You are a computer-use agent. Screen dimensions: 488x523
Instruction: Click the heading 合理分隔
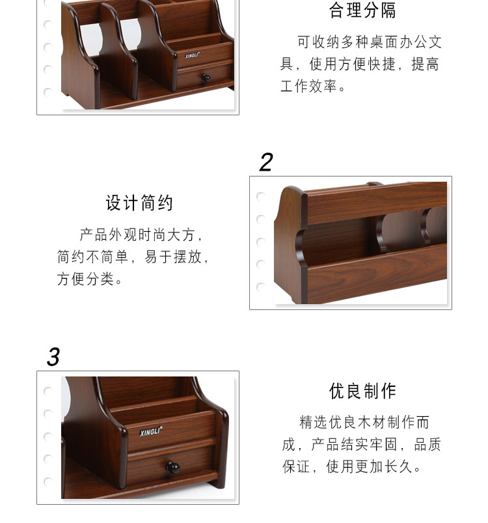pyautogui.click(x=362, y=10)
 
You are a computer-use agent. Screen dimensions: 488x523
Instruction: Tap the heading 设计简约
pyautogui.click(x=140, y=203)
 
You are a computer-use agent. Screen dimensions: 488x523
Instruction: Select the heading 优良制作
pyautogui.click(x=363, y=391)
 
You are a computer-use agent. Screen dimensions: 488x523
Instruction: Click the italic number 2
pyautogui.click(x=266, y=162)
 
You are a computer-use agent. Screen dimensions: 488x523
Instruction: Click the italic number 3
pyautogui.click(x=53, y=357)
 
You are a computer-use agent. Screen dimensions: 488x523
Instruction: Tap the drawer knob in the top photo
pyautogui.click(x=206, y=78)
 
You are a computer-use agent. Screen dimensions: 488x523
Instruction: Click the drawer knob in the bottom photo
pyautogui.click(x=173, y=467)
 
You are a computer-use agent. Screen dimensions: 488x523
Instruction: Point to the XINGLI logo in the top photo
pyautogui.click(x=192, y=55)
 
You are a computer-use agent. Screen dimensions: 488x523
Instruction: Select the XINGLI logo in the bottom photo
pyautogui.click(x=151, y=431)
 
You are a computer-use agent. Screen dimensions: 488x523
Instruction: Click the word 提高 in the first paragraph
pyautogui.click(x=426, y=64)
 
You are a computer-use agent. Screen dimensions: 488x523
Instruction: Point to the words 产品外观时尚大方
pyautogui.click(x=137, y=235)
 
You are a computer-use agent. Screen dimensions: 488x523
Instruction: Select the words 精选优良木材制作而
pyautogui.click(x=364, y=422)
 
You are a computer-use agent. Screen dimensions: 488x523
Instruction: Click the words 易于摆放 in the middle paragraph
pyautogui.click(x=173, y=257)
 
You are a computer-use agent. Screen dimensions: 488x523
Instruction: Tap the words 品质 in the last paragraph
pyautogui.click(x=427, y=444)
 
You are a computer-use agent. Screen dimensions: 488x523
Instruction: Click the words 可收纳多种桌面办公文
pyautogui.click(x=370, y=42)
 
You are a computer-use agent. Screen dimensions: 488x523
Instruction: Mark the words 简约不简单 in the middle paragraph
pyautogui.click(x=92, y=257)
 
